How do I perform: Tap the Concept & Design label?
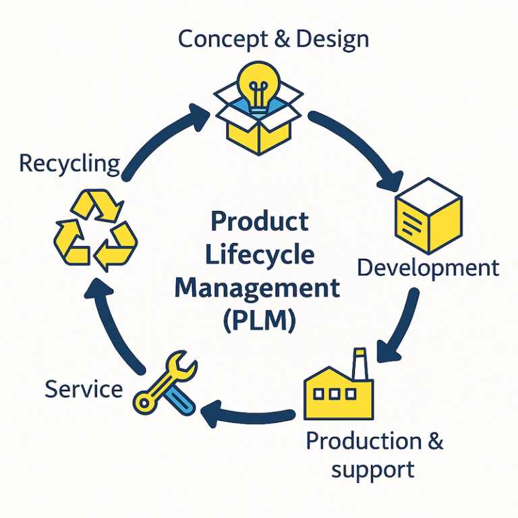[x=273, y=38]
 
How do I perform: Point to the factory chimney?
[x=360, y=364]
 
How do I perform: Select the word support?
[x=372, y=469]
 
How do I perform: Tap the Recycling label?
[x=69, y=163]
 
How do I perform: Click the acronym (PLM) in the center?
[x=259, y=318]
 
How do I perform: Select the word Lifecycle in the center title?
[x=259, y=254]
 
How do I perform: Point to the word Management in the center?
[x=258, y=287]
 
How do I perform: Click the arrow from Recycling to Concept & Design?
[x=162, y=138]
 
